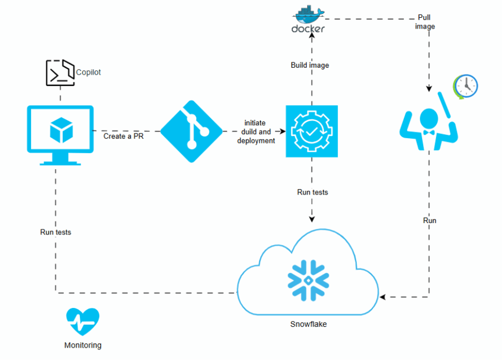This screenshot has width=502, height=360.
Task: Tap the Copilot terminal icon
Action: pyautogui.click(x=60, y=73)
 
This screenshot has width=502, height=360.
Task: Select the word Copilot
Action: pyautogui.click(x=88, y=72)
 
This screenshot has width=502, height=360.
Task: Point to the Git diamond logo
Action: pyautogui.click(x=191, y=131)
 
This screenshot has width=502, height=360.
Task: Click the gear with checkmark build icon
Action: pyautogui.click(x=312, y=131)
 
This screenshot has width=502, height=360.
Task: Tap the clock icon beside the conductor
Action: pyautogui.click(x=465, y=86)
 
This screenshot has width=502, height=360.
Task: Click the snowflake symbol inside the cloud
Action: pyautogui.click(x=308, y=280)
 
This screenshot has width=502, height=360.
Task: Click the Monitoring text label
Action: pyautogui.click(x=82, y=345)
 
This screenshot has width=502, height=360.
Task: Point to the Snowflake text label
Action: pyautogui.click(x=309, y=324)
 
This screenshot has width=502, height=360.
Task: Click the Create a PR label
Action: pyautogui.click(x=123, y=136)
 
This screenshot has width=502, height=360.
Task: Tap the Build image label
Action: pyautogui.click(x=310, y=65)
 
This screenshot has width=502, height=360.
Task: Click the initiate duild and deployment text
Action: pyautogui.click(x=255, y=132)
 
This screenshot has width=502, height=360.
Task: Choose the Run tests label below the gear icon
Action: pyautogui.click(x=313, y=192)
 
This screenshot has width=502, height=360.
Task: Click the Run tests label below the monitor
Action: pyautogui.click(x=56, y=233)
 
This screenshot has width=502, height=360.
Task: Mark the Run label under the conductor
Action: pyautogui.click(x=430, y=221)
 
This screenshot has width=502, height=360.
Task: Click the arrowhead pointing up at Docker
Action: pyautogui.click(x=312, y=38)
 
